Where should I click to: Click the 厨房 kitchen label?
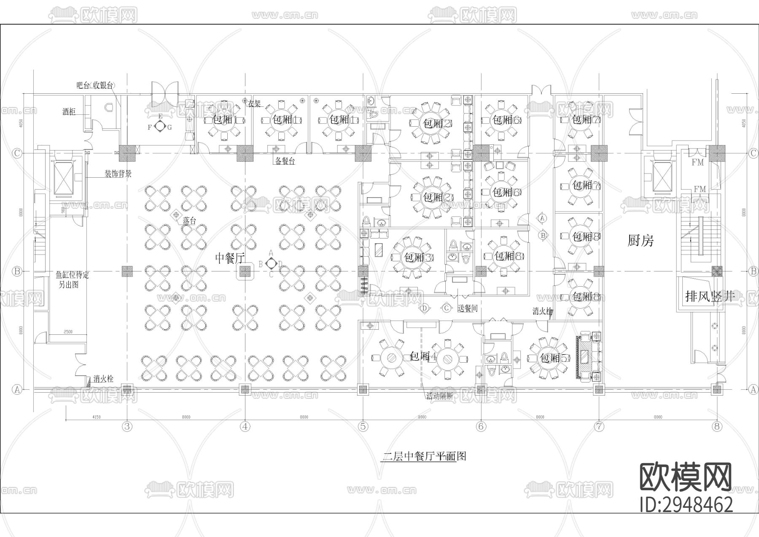point(641,241)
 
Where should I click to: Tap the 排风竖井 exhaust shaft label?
point(710,296)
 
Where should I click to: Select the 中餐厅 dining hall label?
point(230,258)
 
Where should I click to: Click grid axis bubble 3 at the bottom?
point(127,426)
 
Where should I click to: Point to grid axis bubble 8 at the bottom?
point(717,426)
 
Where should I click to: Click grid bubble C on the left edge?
point(17,153)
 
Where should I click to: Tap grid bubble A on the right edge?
point(753,389)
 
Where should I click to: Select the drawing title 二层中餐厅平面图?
point(424,456)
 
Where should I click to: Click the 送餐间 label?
point(468,309)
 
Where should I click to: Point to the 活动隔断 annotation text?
point(439,397)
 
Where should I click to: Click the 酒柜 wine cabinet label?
point(69,111)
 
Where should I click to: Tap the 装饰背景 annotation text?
point(118,174)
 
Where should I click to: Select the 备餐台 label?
point(285,161)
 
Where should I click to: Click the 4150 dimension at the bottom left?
point(96,417)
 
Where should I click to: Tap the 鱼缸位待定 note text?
point(73,275)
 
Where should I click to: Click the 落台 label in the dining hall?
point(189,221)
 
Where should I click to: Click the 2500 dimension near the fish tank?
point(68,332)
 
